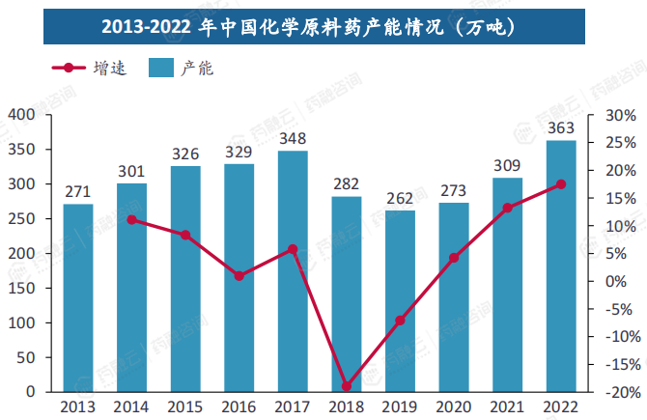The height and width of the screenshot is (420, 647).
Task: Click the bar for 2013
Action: pos(78,297)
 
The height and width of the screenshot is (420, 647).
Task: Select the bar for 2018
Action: pos(347,294)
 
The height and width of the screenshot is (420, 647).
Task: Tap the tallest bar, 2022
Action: pos(561,266)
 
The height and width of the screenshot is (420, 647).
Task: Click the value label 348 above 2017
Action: pos(293,139)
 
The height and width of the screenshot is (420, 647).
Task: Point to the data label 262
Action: pos(400,199)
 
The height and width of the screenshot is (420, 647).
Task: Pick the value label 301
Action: pos(131,172)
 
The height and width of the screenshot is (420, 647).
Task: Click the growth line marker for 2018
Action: pos(347,386)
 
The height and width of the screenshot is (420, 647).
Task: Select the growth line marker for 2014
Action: pos(131,219)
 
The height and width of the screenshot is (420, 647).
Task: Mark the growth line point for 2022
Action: pos(561,184)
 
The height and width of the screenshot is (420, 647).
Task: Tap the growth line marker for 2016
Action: pos(239,276)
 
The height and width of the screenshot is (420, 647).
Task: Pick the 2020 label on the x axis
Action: pos(454,406)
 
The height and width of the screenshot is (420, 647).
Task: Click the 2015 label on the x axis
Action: pos(185,406)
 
